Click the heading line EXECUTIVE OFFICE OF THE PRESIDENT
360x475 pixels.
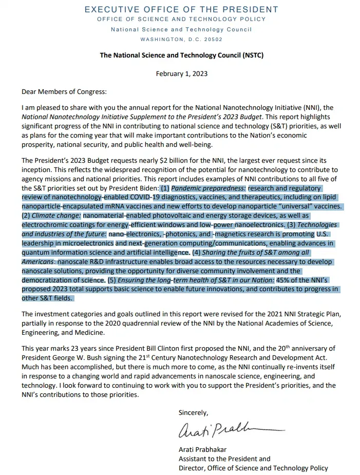click(181, 9)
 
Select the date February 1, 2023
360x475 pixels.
click(181, 73)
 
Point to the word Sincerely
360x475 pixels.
click(194, 412)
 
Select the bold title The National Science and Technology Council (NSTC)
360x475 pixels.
click(181, 55)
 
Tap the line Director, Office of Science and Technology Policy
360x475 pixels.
click(253, 468)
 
